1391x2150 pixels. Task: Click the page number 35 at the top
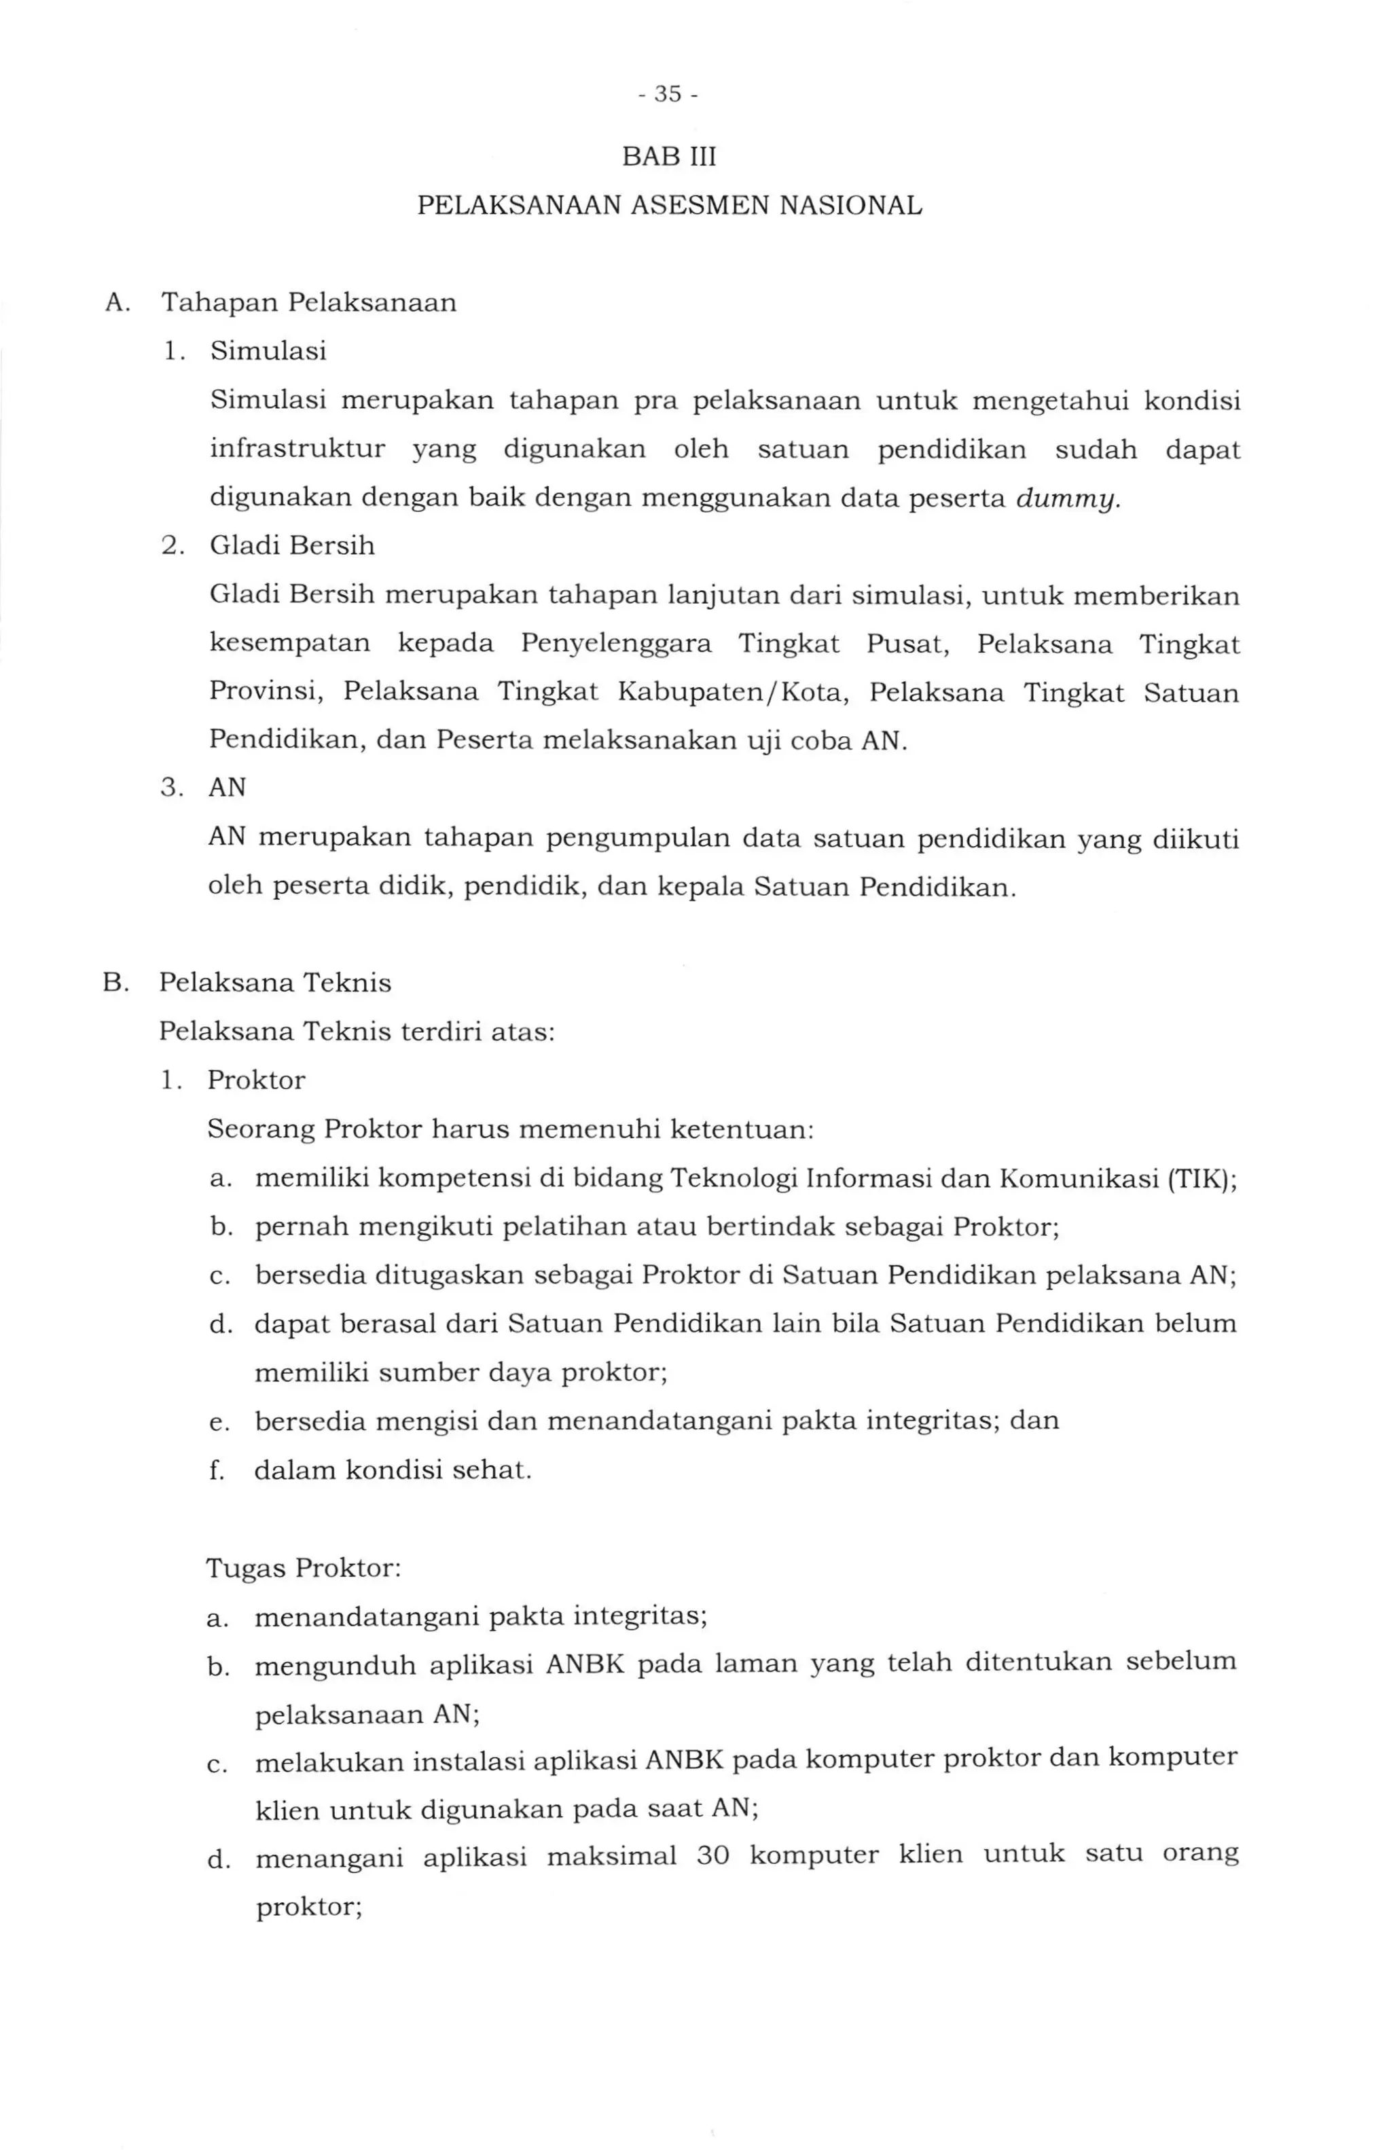pyautogui.click(x=668, y=94)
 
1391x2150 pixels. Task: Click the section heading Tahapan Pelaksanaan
pyautogui.click(x=309, y=302)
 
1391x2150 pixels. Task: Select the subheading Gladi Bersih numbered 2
pyautogui.click(x=292, y=546)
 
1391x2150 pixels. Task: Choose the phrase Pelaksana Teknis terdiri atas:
pyautogui.click(x=357, y=1032)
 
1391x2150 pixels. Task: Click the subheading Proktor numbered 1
pyautogui.click(x=257, y=1080)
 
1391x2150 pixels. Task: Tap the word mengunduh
pyautogui.click(x=334, y=1665)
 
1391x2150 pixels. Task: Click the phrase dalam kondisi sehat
pyautogui.click(x=393, y=1471)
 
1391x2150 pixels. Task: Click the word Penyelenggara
pyautogui.click(x=616, y=644)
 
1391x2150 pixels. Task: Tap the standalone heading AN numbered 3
pyautogui.click(x=227, y=788)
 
